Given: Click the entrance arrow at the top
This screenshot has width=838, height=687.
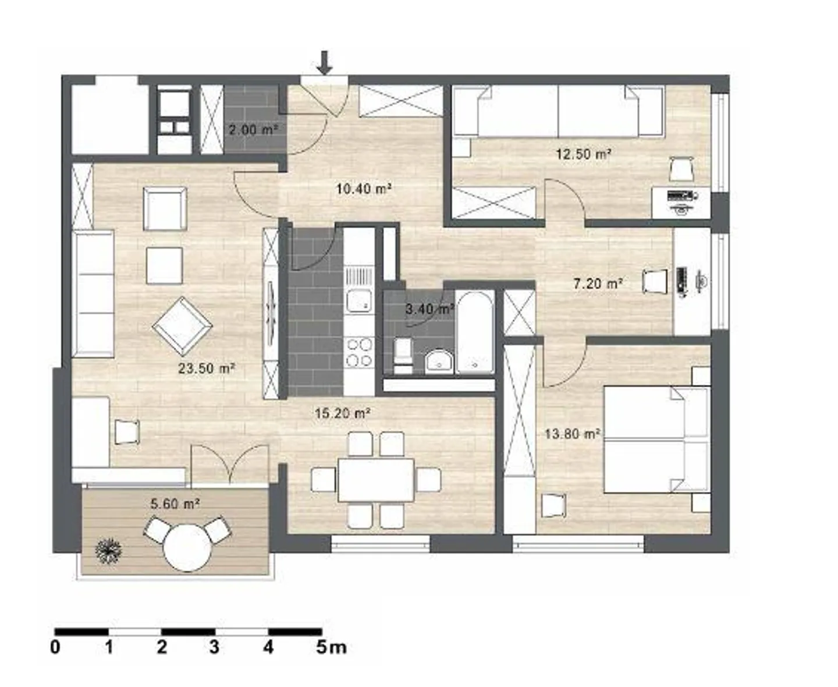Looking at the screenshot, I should (325, 62).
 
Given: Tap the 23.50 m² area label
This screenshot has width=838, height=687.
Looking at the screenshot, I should (207, 369).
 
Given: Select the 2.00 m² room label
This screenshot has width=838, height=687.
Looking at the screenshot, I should (253, 129).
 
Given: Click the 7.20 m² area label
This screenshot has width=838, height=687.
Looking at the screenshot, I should (598, 284).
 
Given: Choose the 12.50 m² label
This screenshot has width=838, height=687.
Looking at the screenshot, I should (583, 154).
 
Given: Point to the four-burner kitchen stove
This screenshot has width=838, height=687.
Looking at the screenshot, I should (358, 352).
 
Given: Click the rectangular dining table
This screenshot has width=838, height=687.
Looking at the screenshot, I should (376, 480).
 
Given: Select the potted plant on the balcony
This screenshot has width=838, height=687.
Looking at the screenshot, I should (108, 550).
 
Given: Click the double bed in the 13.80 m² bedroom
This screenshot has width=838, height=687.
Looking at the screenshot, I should (656, 440).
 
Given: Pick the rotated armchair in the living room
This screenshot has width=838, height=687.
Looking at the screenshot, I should (182, 326).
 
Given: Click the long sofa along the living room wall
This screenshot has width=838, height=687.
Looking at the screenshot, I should (93, 293).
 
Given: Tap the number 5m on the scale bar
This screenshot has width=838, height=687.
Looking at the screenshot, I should (331, 647).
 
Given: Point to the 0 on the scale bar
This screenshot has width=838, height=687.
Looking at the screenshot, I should (55, 647).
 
